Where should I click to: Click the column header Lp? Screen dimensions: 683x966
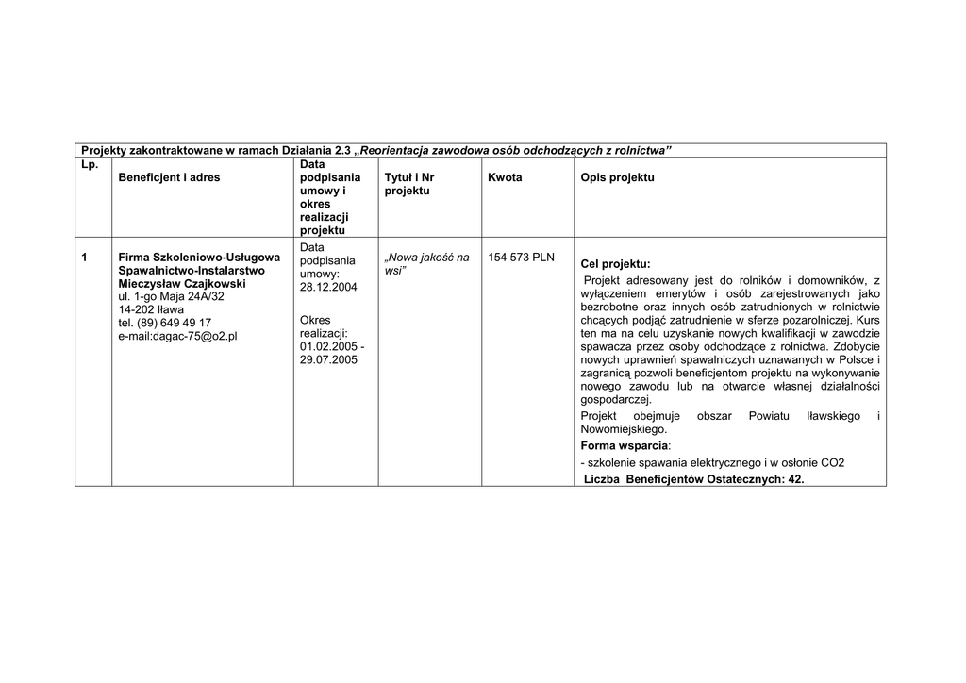pos(90,164)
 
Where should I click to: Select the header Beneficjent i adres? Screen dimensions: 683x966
pos(169,177)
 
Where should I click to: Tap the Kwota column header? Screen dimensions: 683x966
pos(505,177)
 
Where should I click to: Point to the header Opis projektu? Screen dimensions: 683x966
pos(617,177)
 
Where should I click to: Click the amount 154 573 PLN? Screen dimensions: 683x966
pos(522,257)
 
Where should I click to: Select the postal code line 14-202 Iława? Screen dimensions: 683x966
pos(151,309)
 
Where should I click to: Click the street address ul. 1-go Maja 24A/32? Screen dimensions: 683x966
pos(172,296)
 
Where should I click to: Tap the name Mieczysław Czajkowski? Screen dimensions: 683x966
pos(182,283)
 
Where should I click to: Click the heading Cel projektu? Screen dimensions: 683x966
pos(615,264)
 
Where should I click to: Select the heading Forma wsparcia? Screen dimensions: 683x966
pos(624,445)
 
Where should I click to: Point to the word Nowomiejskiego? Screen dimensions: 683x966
pos(624,428)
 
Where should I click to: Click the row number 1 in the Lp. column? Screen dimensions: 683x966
pos(85,257)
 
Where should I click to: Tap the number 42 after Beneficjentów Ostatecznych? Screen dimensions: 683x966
pos(794,479)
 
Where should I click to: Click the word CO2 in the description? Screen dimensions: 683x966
pos(833,462)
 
